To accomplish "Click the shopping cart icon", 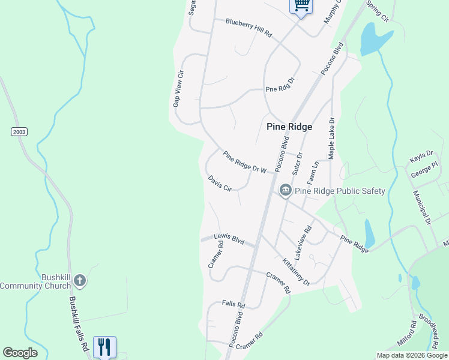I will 301,5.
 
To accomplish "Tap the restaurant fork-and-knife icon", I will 104,346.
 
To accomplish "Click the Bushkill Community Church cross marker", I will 79,281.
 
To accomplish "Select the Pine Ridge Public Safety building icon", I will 285,191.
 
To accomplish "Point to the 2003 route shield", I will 19,131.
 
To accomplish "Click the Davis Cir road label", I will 220,184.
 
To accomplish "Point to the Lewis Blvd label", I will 230,239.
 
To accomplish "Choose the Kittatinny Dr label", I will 295,271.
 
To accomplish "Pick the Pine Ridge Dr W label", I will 244,162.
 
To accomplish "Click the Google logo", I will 20,353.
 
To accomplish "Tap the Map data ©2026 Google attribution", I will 412,355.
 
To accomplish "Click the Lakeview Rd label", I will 304,238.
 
